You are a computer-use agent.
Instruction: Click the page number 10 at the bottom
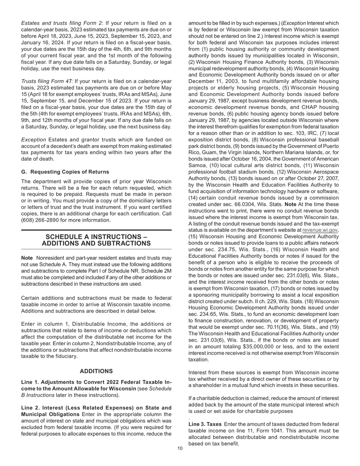180,449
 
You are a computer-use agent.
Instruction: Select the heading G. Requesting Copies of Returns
65,172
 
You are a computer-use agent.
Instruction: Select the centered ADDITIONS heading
96,371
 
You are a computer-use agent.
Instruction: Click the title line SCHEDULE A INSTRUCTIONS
96,236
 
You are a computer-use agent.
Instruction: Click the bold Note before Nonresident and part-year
27,258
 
